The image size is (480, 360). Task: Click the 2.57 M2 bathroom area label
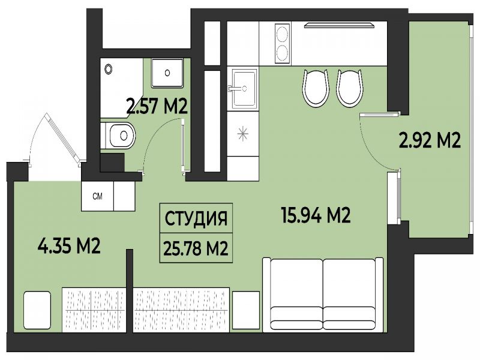(157, 107)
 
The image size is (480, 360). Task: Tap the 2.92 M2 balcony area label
(430, 141)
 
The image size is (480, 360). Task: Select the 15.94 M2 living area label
(316, 215)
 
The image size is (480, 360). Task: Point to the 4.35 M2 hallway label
(69, 246)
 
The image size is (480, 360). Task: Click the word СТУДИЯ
(196, 218)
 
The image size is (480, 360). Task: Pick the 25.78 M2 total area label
(196, 248)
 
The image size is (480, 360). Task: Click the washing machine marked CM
(98, 196)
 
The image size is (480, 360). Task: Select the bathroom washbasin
(167, 73)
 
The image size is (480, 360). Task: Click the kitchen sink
(244, 89)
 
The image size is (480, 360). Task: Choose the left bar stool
(316, 88)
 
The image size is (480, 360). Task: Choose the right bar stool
(350, 88)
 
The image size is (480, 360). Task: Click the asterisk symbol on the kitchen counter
(242, 133)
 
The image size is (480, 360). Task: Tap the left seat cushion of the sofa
(297, 318)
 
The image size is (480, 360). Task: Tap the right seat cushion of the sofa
(349, 318)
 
